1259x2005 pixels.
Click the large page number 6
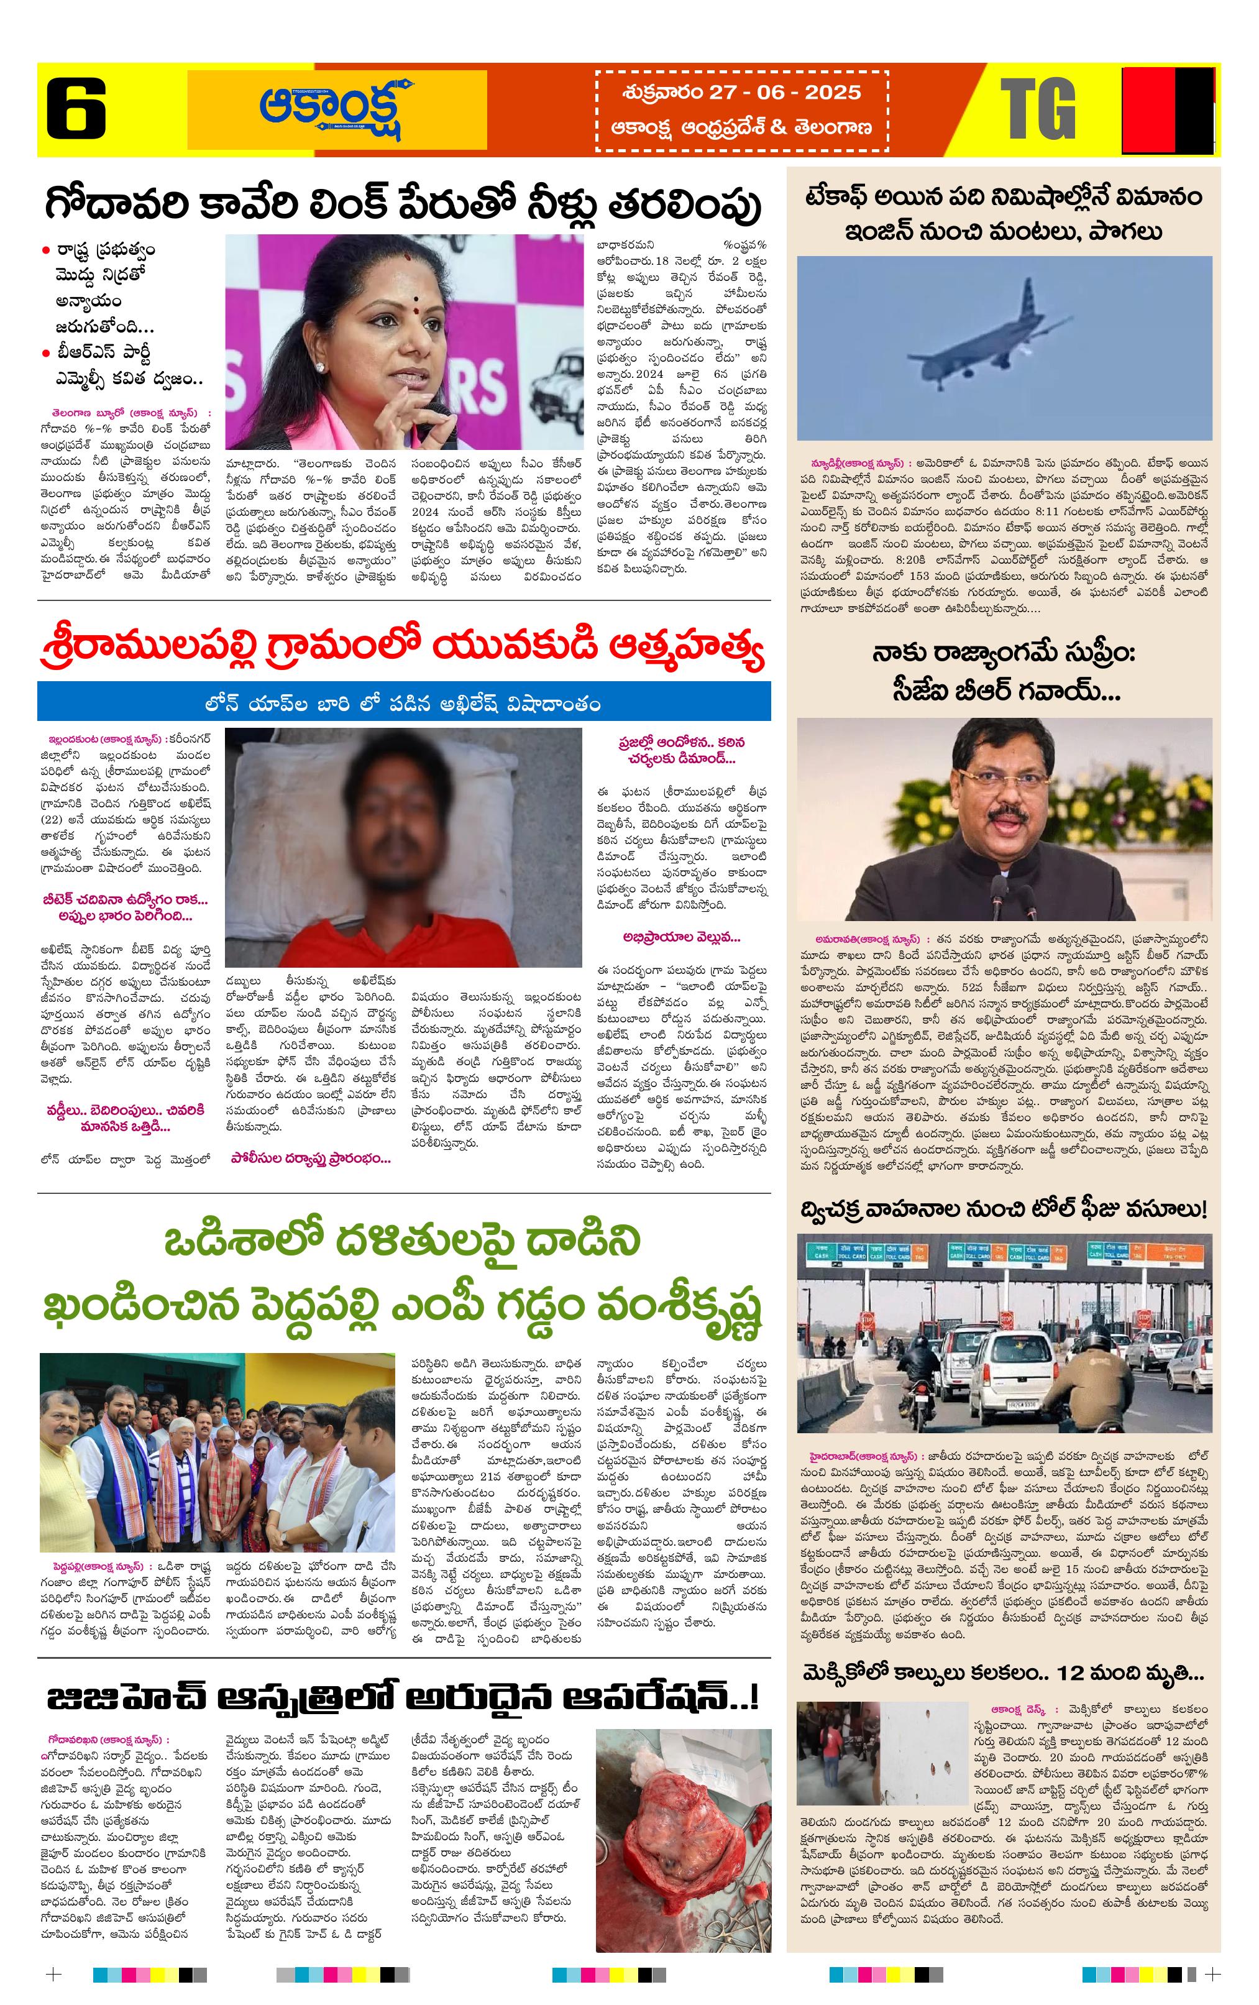pos(76,108)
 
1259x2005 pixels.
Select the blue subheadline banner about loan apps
pos(403,704)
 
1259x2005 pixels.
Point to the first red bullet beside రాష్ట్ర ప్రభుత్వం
pos(47,250)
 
